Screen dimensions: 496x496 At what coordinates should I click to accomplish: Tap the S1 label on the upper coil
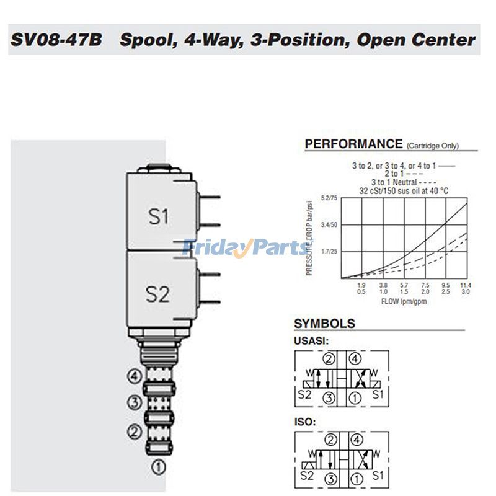[x=158, y=216]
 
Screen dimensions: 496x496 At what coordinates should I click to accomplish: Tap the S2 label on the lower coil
[x=157, y=294]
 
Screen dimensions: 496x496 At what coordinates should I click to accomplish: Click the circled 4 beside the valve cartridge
[x=135, y=376]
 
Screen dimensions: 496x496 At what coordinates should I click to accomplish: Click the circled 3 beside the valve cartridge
[x=135, y=402]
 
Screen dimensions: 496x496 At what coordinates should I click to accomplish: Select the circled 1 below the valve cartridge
[x=159, y=467]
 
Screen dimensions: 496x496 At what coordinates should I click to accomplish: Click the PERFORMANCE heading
[x=353, y=144]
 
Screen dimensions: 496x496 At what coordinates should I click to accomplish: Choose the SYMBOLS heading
[x=324, y=324]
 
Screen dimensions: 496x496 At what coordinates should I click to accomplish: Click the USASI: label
[x=310, y=340]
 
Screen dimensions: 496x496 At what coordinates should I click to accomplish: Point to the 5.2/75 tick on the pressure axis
[x=329, y=198]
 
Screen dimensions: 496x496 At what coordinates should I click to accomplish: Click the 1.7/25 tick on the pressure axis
[x=329, y=252]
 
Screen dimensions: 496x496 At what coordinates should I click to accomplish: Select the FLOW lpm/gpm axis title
[x=404, y=301]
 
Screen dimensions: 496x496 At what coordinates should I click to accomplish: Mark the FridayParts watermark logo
[x=245, y=248]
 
